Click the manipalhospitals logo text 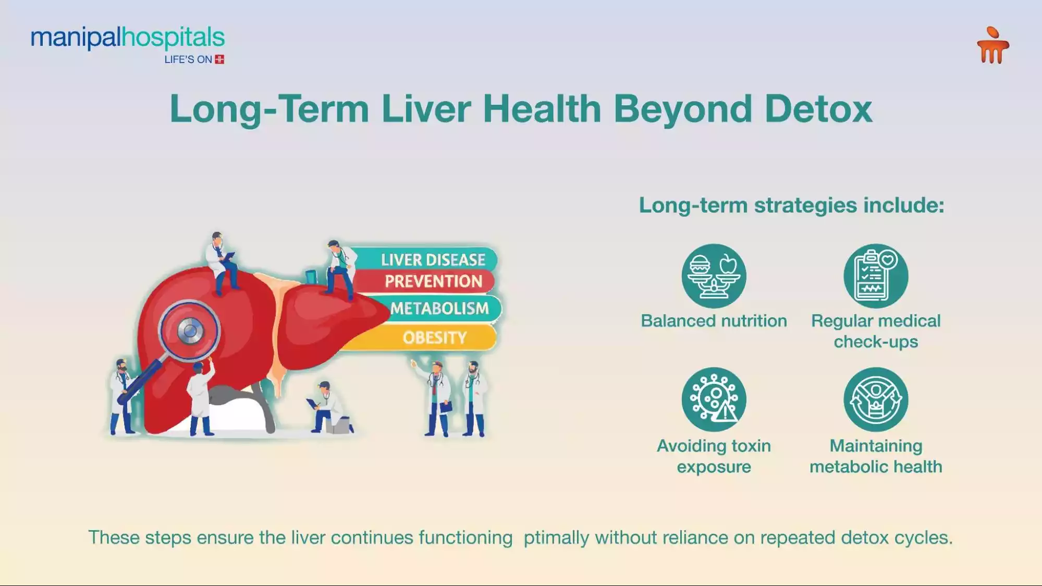(128, 38)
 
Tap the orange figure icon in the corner (992, 46)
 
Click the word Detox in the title (818, 109)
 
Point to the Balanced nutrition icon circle (714, 276)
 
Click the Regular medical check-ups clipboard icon (876, 276)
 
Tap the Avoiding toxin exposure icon (714, 400)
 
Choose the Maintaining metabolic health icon (876, 400)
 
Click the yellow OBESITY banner (434, 338)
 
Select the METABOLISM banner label (439, 308)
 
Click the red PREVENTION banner (433, 281)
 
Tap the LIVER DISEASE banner (433, 259)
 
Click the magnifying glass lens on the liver (190, 331)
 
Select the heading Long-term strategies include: (791, 205)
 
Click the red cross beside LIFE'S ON (219, 59)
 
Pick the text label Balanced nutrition (714, 321)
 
